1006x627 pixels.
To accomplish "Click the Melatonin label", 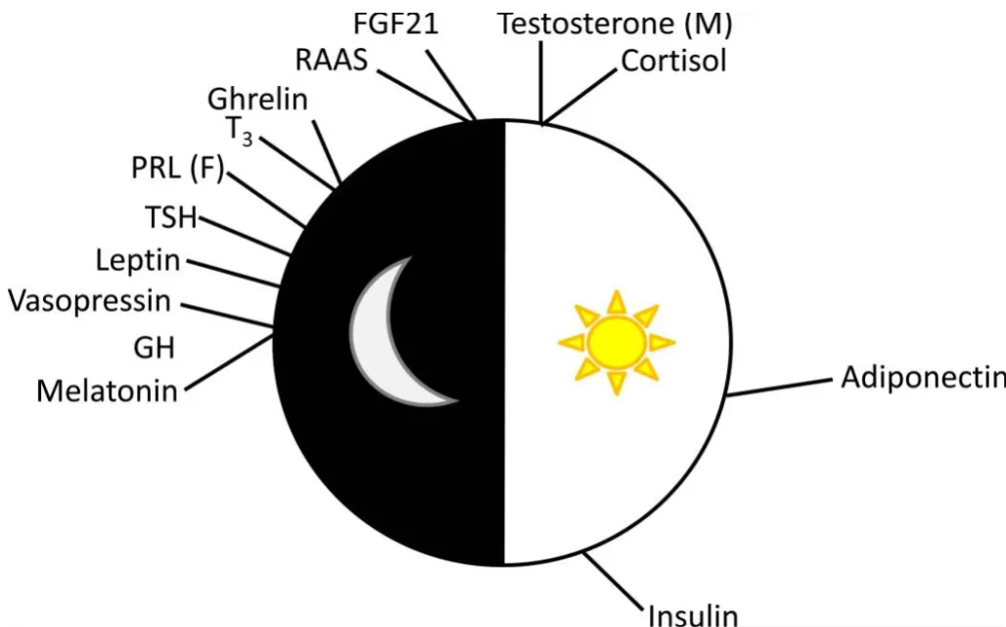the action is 108,391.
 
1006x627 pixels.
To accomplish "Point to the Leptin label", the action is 139,260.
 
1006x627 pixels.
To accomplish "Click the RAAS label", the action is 331,61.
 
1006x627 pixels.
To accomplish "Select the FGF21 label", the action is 395,23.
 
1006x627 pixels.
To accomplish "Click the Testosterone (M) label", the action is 616,23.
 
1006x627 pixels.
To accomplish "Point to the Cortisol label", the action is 674,61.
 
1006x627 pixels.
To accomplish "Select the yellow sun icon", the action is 616,341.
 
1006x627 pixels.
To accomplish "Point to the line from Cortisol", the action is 583,98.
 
